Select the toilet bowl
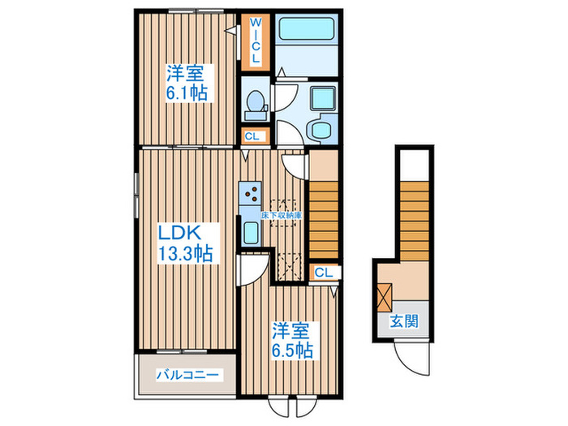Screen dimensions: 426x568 (254, 103)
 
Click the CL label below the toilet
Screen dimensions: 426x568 (252, 136)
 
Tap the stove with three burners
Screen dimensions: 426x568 (252, 192)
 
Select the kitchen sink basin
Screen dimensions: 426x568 (250, 233)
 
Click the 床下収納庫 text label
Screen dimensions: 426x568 (282, 215)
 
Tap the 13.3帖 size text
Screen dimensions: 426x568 (185, 254)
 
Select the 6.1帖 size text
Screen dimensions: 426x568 (187, 93)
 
